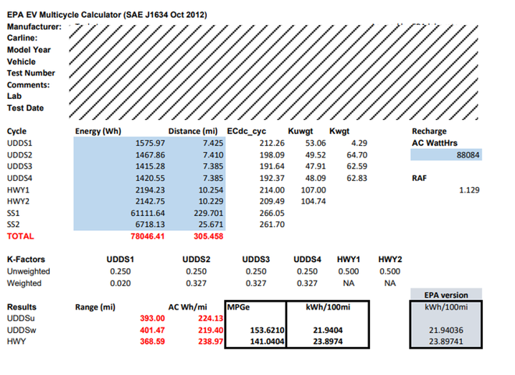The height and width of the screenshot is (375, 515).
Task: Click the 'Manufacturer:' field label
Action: [x=34, y=27]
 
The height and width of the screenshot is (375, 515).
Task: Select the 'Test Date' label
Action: [x=26, y=108]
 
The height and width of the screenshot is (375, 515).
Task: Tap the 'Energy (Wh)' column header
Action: [x=98, y=131]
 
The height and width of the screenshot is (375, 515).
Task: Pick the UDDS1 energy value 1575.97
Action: [x=150, y=143]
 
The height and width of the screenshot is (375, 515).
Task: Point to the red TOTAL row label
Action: [x=20, y=235]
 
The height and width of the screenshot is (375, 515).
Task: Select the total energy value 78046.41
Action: [x=147, y=235]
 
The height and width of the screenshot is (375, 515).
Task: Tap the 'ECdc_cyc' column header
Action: [x=247, y=131]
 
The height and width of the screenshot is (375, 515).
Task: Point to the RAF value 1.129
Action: [x=468, y=189]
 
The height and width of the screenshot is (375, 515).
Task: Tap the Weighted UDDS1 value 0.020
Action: [x=119, y=283]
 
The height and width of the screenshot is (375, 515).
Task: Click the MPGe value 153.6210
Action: [x=265, y=330]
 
